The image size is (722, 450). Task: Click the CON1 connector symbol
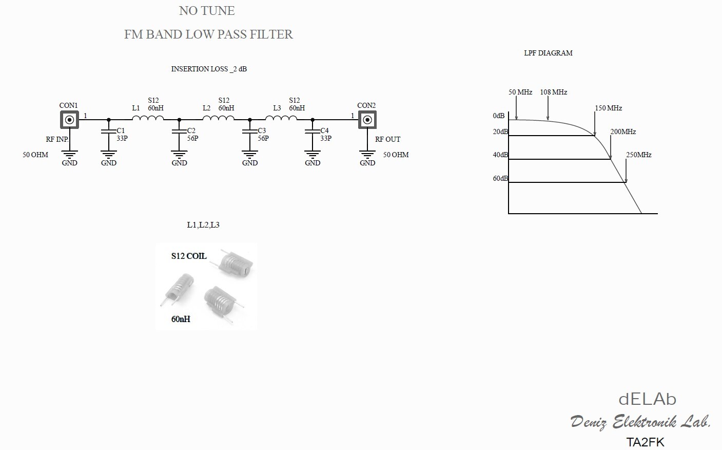click(70, 120)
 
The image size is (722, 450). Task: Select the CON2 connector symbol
click(367, 120)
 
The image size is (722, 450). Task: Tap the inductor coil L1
click(148, 119)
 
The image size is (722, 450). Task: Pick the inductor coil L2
click(218, 119)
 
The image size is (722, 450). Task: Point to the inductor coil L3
click(281, 119)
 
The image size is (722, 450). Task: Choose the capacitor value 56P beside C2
click(192, 138)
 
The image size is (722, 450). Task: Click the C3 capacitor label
click(262, 130)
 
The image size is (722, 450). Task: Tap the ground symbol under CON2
click(367, 154)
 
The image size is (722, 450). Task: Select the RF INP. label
click(57, 139)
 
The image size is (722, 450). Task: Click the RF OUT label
click(387, 139)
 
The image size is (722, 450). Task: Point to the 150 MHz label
click(609, 108)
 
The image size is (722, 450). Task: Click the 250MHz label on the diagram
click(638, 155)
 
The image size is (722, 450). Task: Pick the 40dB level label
click(500, 155)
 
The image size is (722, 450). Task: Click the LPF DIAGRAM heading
click(548, 53)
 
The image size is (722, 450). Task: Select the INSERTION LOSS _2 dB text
click(209, 69)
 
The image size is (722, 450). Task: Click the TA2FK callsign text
click(645, 442)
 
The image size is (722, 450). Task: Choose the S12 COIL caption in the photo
click(189, 256)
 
